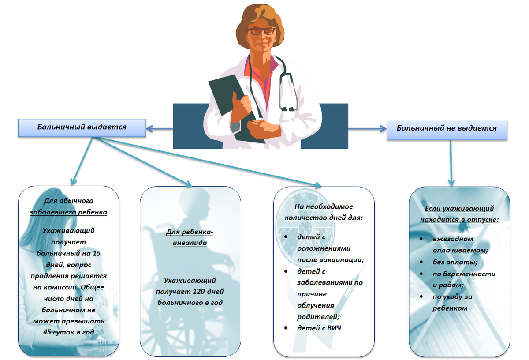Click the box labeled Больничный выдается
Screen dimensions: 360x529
[82, 127]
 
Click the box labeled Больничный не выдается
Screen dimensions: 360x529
[447, 128]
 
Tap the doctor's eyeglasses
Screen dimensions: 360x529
[261, 31]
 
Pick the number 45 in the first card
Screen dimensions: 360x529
[48, 331]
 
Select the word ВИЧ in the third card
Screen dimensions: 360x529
[334, 328]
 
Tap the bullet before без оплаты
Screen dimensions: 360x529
[422, 262]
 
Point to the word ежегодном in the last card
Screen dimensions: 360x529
[447, 239]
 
